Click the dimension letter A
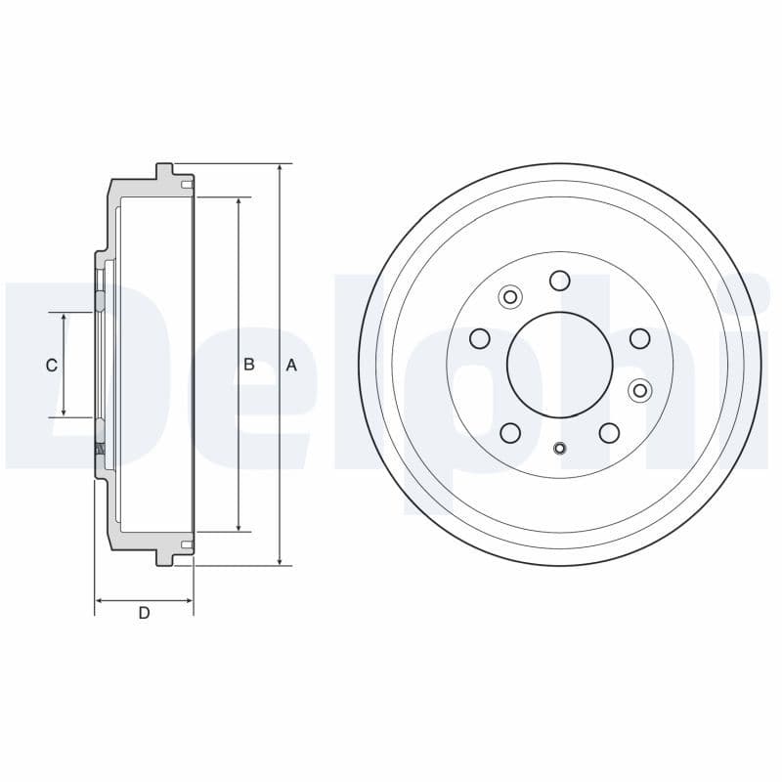pyautogui.click(x=290, y=366)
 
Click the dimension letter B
pyautogui.click(x=249, y=365)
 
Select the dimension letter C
pyautogui.click(x=52, y=366)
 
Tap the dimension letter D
pyautogui.click(x=144, y=614)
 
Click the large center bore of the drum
pyautogui.click(x=559, y=365)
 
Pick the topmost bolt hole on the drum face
pyautogui.click(x=559, y=282)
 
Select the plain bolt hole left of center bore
pyautogui.click(x=479, y=338)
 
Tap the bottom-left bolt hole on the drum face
pyautogui.click(x=509, y=433)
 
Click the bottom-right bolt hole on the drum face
pyautogui.click(x=609, y=433)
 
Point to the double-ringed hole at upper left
pyautogui.click(x=509, y=296)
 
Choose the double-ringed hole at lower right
pyautogui.click(x=639, y=391)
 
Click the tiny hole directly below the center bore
pyautogui.click(x=559, y=449)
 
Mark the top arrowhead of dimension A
pyautogui.click(x=281, y=169)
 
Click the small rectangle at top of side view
pyautogui.click(x=187, y=184)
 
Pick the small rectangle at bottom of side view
pyautogui.click(x=187, y=544)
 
